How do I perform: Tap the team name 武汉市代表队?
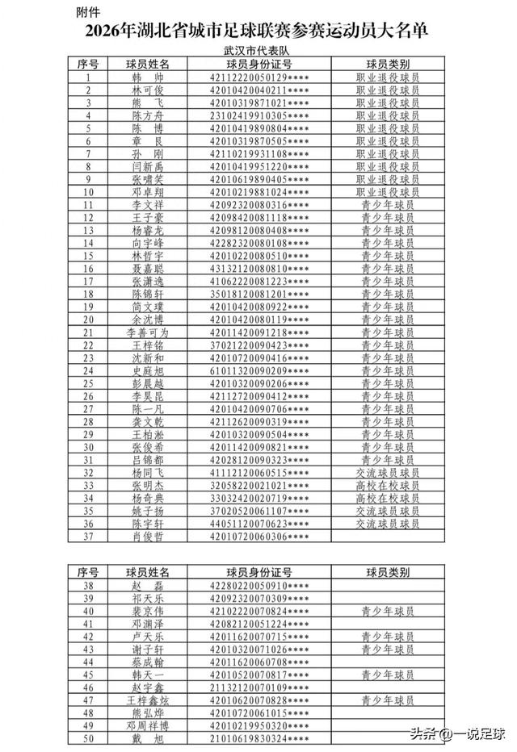click(x=258, y=50)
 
